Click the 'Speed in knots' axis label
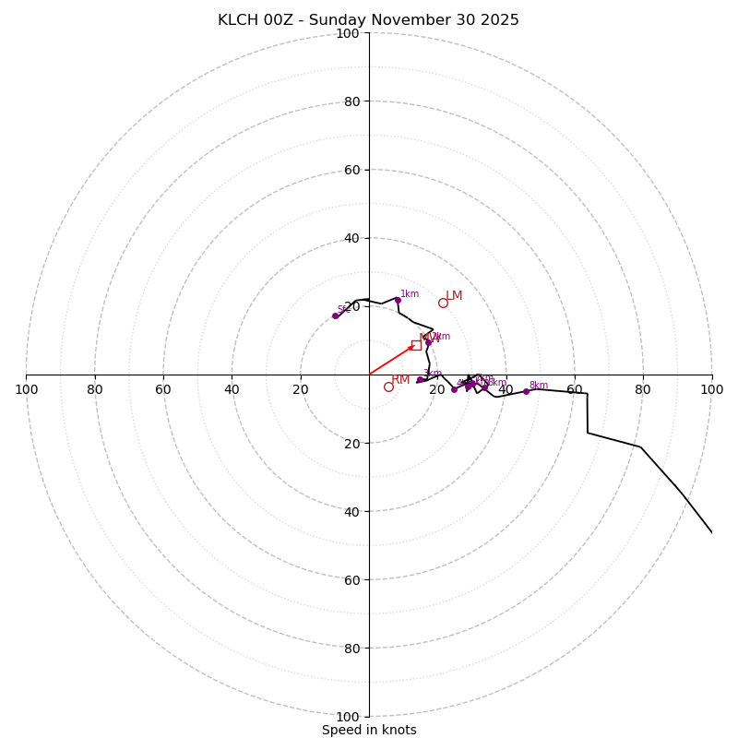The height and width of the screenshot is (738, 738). pos(369,730)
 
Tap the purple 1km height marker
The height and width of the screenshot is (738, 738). pos(398,300)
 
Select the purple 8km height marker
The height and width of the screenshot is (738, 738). pos(527,391)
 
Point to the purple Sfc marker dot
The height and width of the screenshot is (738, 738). pos(335,315)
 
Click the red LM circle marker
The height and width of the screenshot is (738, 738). pos(443,303)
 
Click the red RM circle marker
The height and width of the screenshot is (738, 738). pos(388,387)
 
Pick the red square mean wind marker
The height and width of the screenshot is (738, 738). pos(416,345)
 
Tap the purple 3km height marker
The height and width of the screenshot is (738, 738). pos(420,379)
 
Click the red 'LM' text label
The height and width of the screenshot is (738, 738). pos(454,296)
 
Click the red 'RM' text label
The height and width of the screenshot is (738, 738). pos(400,380)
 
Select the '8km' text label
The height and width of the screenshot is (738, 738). pos(539,386)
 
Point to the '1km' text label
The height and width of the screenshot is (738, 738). pos(410,294)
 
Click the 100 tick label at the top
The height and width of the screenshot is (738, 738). pos(348,33)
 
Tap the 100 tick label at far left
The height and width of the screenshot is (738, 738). pos(27,389)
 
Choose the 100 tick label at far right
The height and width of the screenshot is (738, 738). pos(711,389)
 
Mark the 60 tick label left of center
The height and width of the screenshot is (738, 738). pos(163,389)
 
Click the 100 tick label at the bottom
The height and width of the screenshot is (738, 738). pos(348,716)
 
